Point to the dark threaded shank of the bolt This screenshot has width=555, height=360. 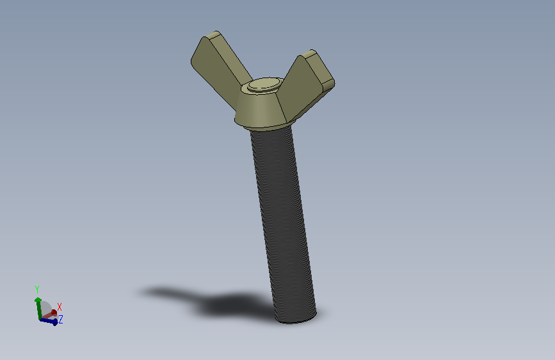(282, 223)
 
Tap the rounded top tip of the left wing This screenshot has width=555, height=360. (213, 34)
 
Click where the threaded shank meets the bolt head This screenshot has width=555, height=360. (271, 129)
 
